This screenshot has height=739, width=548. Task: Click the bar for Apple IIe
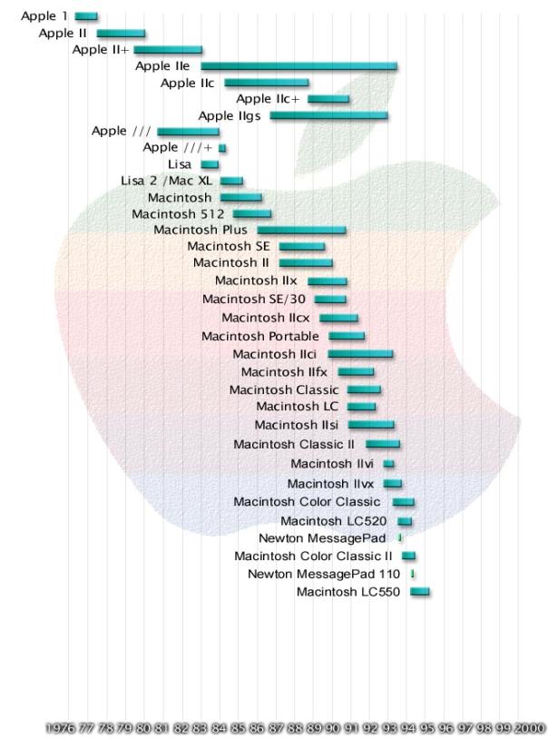click(x=298, y=65)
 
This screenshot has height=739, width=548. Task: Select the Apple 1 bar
click(x=86, y=16)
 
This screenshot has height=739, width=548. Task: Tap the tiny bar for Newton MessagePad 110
click(x=413, y=574)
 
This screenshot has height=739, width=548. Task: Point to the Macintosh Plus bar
click(x=301, y=230)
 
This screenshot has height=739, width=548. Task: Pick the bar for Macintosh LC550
click(x=420, y=592)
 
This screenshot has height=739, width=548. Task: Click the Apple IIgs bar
click(x=328, y=115)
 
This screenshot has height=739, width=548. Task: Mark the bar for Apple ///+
click(x=222, y=147)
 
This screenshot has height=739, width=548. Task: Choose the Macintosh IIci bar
click(x=360, y=353)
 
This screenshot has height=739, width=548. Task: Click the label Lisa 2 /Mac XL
click(x=170, y=181)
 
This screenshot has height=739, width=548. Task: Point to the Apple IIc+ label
click(x=269, y=99)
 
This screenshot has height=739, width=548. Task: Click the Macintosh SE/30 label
click(x=254, y=299)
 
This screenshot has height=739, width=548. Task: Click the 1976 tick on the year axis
click(x=60, y=728)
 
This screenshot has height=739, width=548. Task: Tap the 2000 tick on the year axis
click(x=530, y=728)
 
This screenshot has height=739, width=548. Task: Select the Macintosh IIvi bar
click(x=388, y=464)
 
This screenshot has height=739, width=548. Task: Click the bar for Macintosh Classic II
click(x=383, y=444)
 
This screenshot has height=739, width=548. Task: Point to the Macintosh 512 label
click(x=178, y=214)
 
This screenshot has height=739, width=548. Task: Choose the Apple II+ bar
click(x=168, y=49)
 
